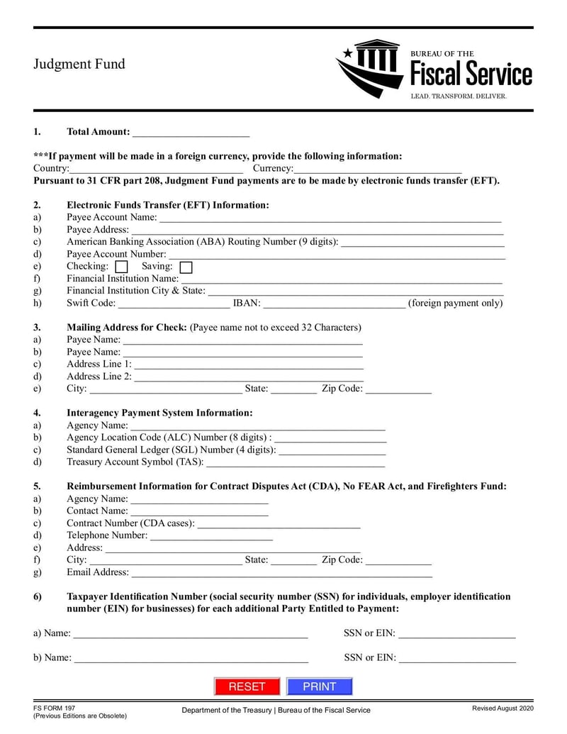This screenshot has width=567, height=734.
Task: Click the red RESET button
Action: pyautogui.click(x=247, y=686)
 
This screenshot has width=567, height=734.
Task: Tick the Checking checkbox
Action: pyautogui.click(x=121, y=267)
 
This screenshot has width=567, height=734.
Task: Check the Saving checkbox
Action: pyautogui.click(x=186, y=267)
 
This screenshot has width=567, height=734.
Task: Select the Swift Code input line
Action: pyautogui.click(x=174, y=304)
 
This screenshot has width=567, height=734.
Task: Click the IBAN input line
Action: pyautogui.click(x=335, y=304)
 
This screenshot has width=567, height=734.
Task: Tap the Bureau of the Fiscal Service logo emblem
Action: pyautogui.click(x=369, y=68)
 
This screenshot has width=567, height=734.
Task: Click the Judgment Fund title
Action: pyautogui.click(x=79, y=64)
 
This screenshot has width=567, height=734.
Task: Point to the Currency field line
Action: pyautogui.click(x=378, y=169)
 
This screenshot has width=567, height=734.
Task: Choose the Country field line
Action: pyautogui.click(x=157, y=169)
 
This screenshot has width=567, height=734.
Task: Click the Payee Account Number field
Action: pyautogui.click(x=337, y=255)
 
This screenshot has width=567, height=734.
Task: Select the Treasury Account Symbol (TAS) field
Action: pyautogui.click(x=295, y=462)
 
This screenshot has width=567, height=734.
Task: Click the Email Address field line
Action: pyautogui.click(x=281, y=572)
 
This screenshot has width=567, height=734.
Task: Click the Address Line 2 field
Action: pyautogui.click(x=249, y=377)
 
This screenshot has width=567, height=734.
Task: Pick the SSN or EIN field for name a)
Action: pyautogui.click(x=457, y=633)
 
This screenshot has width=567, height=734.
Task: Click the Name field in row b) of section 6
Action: pyautogui.click(x=191, y=658)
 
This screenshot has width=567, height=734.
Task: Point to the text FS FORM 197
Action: pyautogui.click(x=54, y=708)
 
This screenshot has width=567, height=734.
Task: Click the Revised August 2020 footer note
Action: pyautogui.click(x=503, y=708)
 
